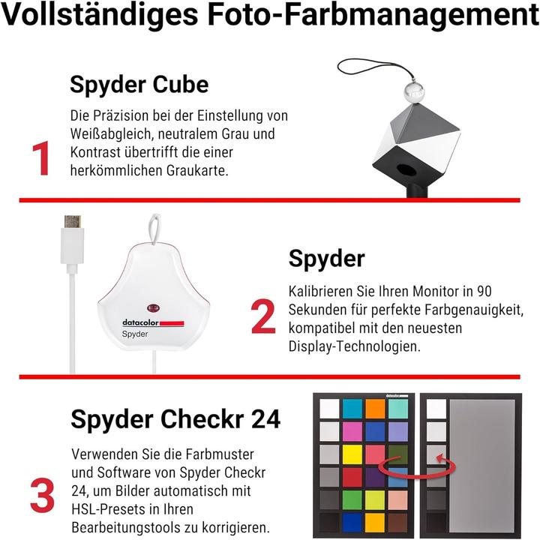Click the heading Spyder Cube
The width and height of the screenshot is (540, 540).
pos(139,84)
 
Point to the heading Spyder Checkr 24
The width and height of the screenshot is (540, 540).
pos(175,419)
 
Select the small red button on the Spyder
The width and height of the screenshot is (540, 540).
pos(154,307)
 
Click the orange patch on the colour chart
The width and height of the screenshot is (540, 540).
pos(376,408)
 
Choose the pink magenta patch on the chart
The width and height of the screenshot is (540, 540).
pos(352,431)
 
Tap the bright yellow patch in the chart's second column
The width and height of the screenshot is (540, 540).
pos(352,454)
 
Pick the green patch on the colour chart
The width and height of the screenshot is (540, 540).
pos(352,499)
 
